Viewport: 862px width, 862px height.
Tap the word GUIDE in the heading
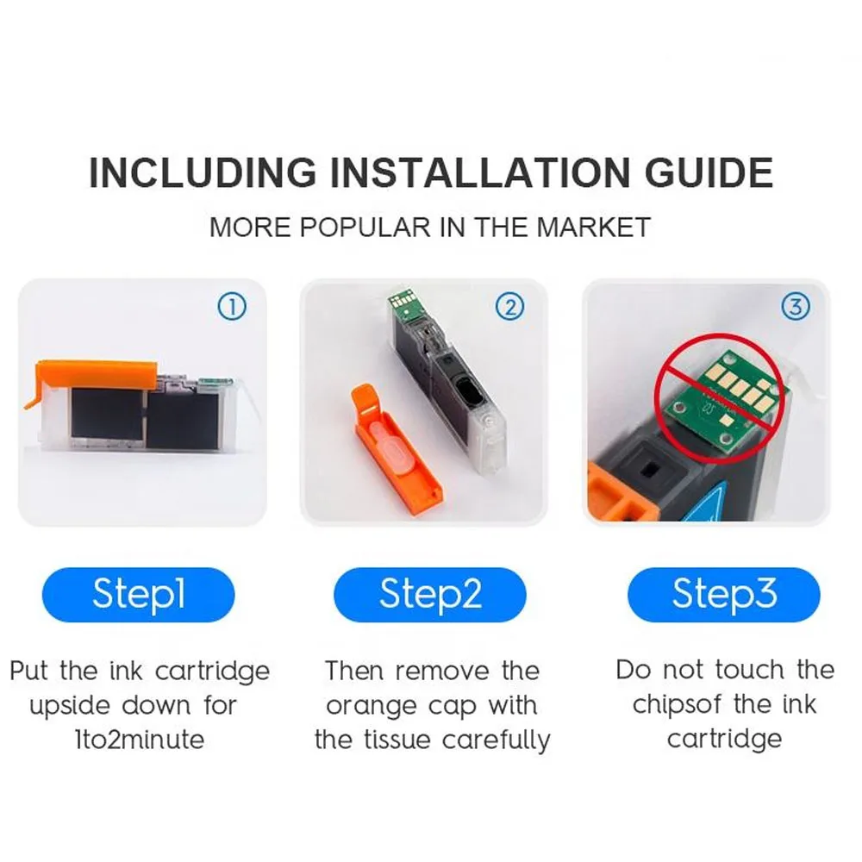pyautogui.click(x=709, y=172)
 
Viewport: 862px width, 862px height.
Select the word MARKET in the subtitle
pyautogui.click(x=593, y=228)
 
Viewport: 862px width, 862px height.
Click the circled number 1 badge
pyautogui.click(x=232, y=307)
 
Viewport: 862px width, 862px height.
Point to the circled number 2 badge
pyautogui.click(x=510, y=307)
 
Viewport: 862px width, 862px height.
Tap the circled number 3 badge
pyautogui.click(x=796, y=307)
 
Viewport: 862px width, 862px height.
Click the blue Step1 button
pyautogui.click(x=139, y=595)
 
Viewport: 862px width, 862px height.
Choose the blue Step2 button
pyautogui.click(x=430, y=595)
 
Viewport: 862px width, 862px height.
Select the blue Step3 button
pyautogui.click(x=723, y=595)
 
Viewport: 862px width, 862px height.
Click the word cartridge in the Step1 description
pyautogui.click(x=212, y=671)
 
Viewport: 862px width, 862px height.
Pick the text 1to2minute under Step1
pyautogui.click(x=140, y=740)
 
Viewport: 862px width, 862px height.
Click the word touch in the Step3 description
pyautogui.click(x=749, y=670)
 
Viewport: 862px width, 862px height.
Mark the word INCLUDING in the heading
pyautogui.click(x=203, y=172)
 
